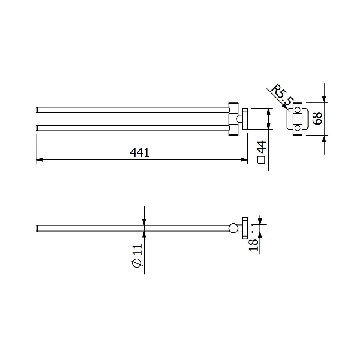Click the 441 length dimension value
pos(139,152)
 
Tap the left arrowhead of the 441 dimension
pos(39,160)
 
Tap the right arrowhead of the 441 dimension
pos(244,160)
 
